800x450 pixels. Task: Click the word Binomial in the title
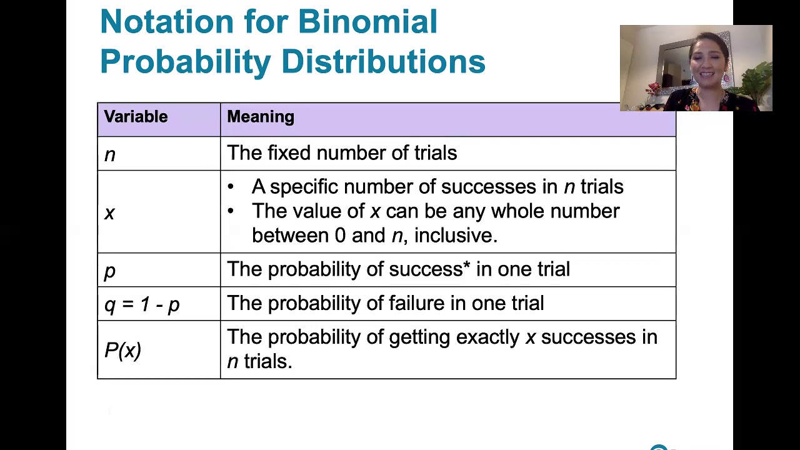pyautogui.click(x=367, y=21)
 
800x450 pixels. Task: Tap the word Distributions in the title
pyautogui.click(x=384, y=61)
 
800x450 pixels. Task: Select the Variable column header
pyautogui.click(x=136, y=117)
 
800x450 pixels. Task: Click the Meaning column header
pyautogui.click(x=261, y=117)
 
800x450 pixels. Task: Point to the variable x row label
pyautogui.click(x=109, y=214)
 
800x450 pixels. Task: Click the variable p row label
pyautogui.click(x=110, y=272)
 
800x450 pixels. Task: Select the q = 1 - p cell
pyautogui.click(x=142, y=305)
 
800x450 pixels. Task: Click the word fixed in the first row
pyautogui.click(x=289, y=153)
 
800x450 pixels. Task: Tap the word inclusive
pyautogui.click(x=456, y=236)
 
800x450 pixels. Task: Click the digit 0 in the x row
pyautogui.click(x=340, y=236)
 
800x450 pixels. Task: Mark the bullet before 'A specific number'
pyautogui.click(x=231, y=186)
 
